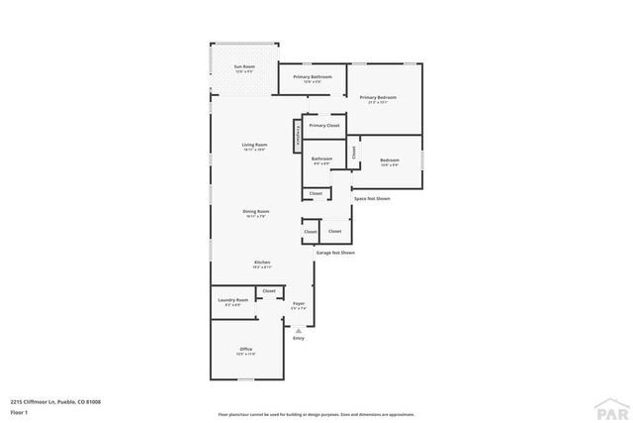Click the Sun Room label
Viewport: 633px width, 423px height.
coord(243,68)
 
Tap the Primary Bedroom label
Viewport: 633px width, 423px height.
coord(378,98)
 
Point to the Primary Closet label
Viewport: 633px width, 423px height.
coord(323,126)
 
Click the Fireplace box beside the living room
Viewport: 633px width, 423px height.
coord(296,136)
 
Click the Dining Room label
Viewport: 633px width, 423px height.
coord(256,212)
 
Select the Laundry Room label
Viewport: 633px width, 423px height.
coord(231,301)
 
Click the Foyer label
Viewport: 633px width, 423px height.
coord(298,305)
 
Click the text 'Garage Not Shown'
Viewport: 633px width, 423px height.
coord(335,253)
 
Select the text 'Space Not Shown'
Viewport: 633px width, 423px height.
coord(371,199)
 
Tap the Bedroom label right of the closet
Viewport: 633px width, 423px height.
coord(390,161)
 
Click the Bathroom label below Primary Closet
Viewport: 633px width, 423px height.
coord(321,159)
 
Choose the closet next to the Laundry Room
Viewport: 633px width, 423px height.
coord(268,291)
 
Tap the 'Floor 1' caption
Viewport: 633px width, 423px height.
coord(18,411)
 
